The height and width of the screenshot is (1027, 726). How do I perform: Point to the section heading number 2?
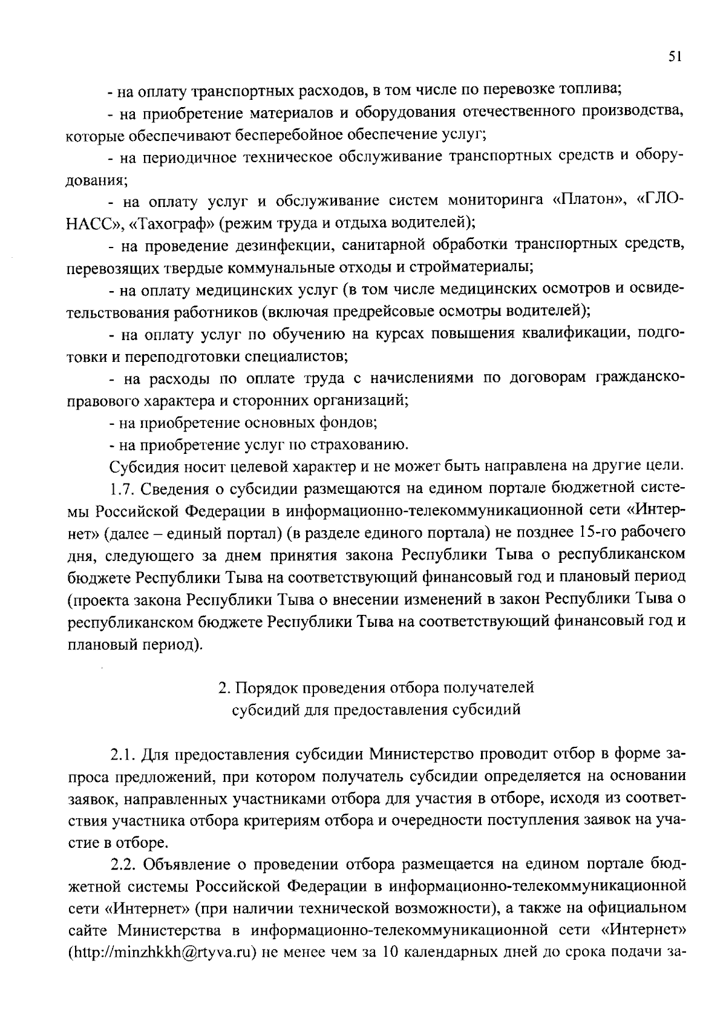click(223, 688)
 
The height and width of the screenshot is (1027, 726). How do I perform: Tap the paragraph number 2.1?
click(123, 755)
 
